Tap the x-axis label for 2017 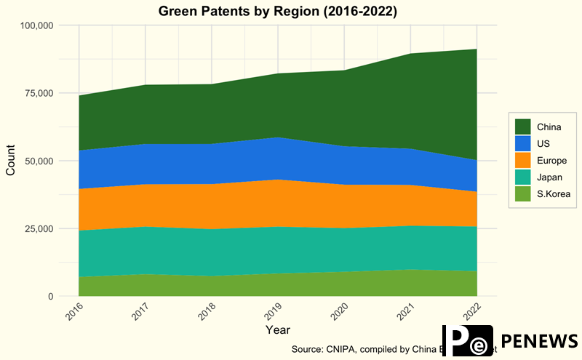139,313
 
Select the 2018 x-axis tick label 205,313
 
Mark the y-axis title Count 10,161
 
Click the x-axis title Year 277,330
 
